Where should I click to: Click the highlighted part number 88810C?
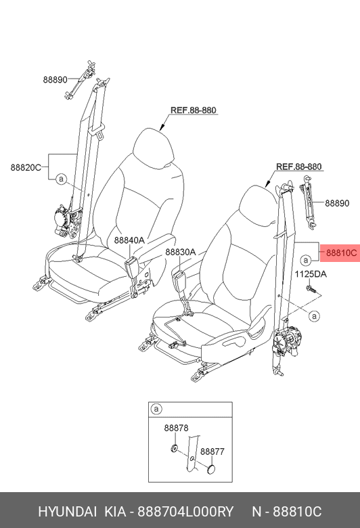click(x=341, y=252)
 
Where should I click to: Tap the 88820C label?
click(x=26, y=167)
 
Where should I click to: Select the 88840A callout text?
click(x=129, y=240)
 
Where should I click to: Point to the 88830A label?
click(x=180, y=252)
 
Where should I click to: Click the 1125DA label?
click(x=311, y=274)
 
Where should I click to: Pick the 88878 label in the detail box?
click(x=176, y=428)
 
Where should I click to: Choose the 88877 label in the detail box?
click(x=212, y=452)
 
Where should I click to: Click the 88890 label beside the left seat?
click(x=55, y=80)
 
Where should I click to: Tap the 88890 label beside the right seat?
click(x=337, y=203)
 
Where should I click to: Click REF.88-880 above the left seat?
click(x=194, y=110)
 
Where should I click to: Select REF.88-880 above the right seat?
click(x=298, y=167)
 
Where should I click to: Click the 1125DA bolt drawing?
click(x=311, y=288)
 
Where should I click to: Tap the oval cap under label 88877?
click(x=211, y=469)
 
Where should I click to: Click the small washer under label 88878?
click(x=174, y=449)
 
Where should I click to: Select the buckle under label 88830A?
click(x=178, y=279)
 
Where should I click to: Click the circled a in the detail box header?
click(x=156, y=409)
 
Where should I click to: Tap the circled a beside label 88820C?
click(x=61, y=179)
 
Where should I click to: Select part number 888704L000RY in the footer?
click(x=185, y=512)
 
